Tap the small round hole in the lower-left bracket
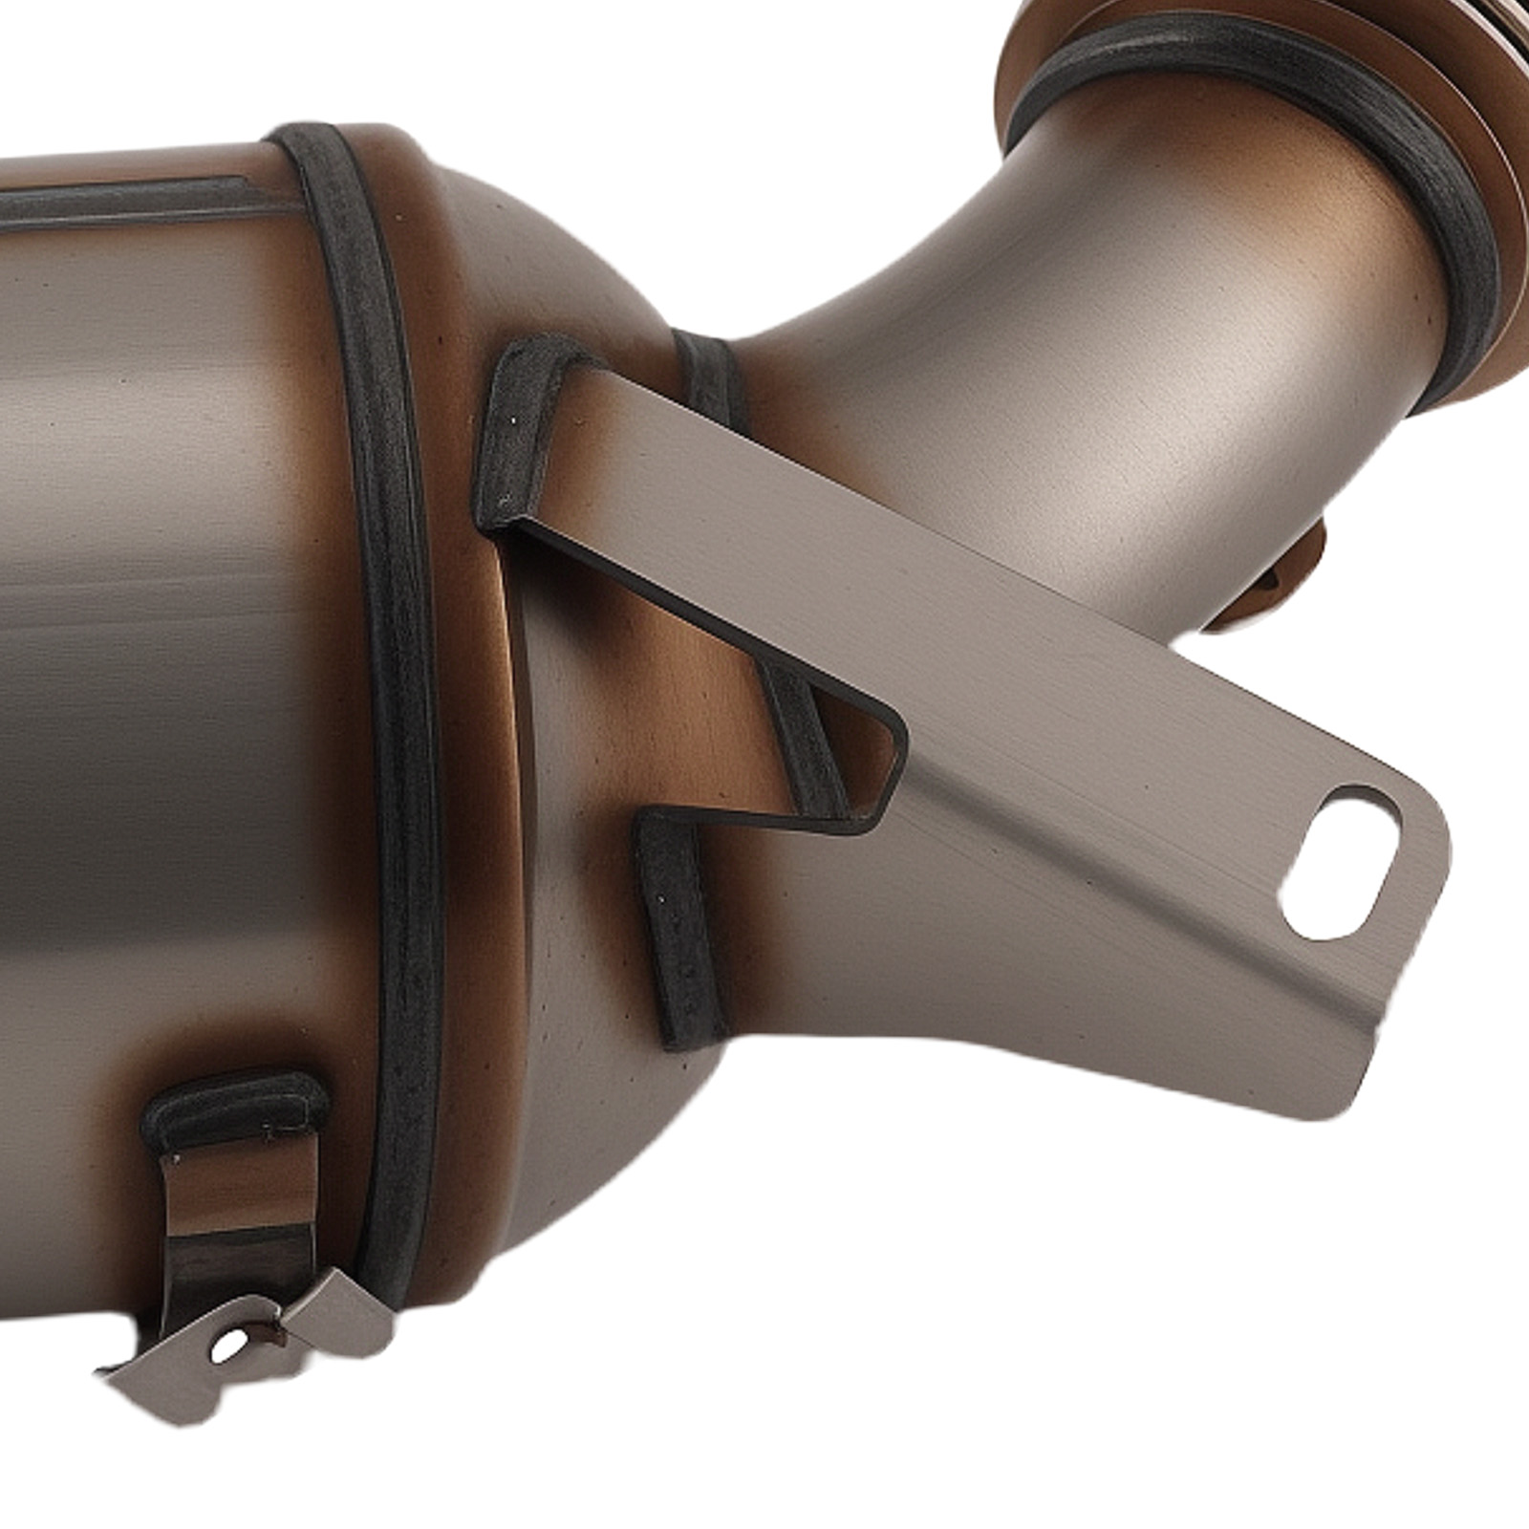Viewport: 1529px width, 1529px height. [226, 1348]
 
